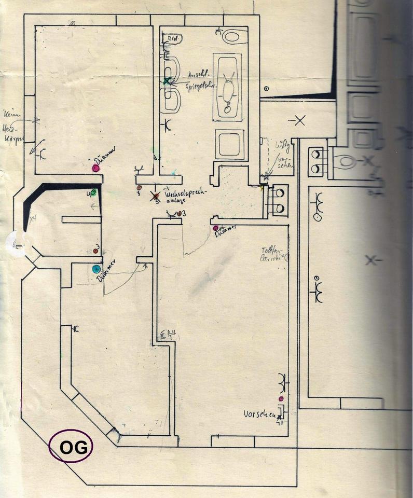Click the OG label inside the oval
(x=71, y=447)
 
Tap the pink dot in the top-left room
(x=96, y=168)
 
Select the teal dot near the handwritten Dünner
(x=96, y=269)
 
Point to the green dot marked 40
(x=93, y=192)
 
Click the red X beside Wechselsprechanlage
(x=154, y=196)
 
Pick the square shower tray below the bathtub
(x=230, y=144)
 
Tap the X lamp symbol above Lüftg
(x=299, y=121)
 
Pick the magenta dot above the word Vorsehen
(x=281, y=398)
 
